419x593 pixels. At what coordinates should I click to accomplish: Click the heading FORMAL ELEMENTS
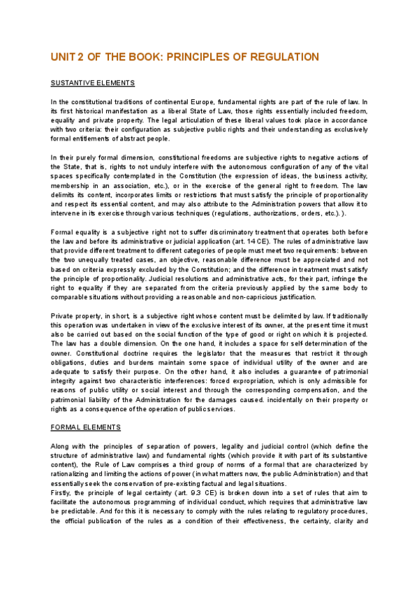pyautogui.click(x=86, y=427)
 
